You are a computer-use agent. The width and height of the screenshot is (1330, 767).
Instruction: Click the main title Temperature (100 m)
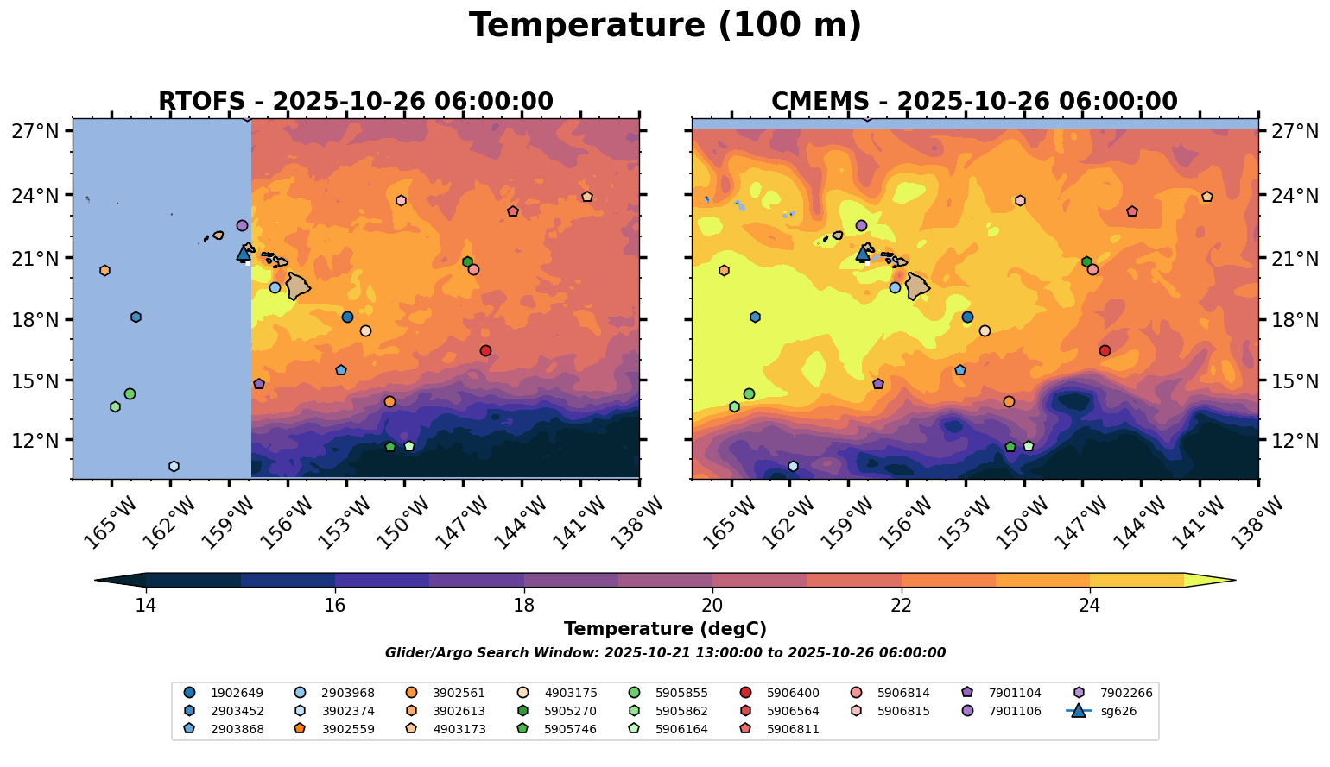[x=665, y=26]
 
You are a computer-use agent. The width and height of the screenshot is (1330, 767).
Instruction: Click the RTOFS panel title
[x=355, y=102]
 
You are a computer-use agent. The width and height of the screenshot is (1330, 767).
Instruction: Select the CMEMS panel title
[x=973, y=102]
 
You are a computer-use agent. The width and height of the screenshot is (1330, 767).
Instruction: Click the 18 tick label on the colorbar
[x=523, y=605]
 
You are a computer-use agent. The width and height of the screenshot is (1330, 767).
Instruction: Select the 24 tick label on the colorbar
[x=1090, y=605]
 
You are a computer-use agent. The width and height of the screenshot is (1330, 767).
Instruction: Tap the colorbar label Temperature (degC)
[x=665, y=629]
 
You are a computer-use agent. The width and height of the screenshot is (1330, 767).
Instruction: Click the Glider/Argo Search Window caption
[x=665, y=653]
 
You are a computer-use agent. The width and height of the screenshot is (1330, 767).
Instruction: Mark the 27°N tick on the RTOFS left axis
[x=35, y=131]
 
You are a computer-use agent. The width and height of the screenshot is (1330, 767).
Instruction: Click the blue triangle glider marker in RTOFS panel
[x=244, y=254]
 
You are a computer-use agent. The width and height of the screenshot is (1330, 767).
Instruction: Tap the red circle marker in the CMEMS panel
[x=1105, y=350]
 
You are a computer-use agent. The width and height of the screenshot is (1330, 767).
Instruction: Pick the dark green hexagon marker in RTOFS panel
[x=467, y=261]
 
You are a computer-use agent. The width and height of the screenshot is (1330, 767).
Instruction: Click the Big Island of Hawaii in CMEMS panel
[x=916, y=286]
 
